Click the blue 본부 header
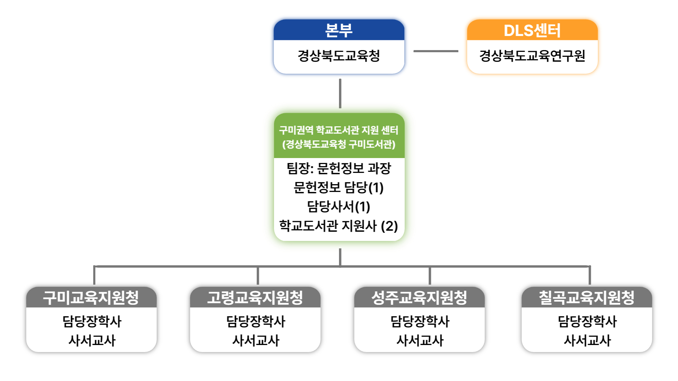coord(339,30)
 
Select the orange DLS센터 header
coord(532,30)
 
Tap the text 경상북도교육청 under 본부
coord(339,56)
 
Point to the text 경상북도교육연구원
coord(532,56)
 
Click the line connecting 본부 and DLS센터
coord(436,51)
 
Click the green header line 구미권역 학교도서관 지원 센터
coord(339,130)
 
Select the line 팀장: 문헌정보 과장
coord(339,168)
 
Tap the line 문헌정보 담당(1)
coord(339,187)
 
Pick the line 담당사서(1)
coord(339,206)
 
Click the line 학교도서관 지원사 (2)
coord(339,226)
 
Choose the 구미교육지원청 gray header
coord(91,297)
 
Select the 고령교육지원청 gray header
coord(255,297)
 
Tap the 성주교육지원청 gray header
coord(419,297)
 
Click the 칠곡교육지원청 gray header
coord(587,297)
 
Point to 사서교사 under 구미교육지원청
coord(92,340)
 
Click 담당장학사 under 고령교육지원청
coord(256,321)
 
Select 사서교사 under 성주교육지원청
coord(420,340)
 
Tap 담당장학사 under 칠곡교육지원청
coord(587,321)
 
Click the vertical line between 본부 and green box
coord(340,93)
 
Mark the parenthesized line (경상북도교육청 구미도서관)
coord(339,144)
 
